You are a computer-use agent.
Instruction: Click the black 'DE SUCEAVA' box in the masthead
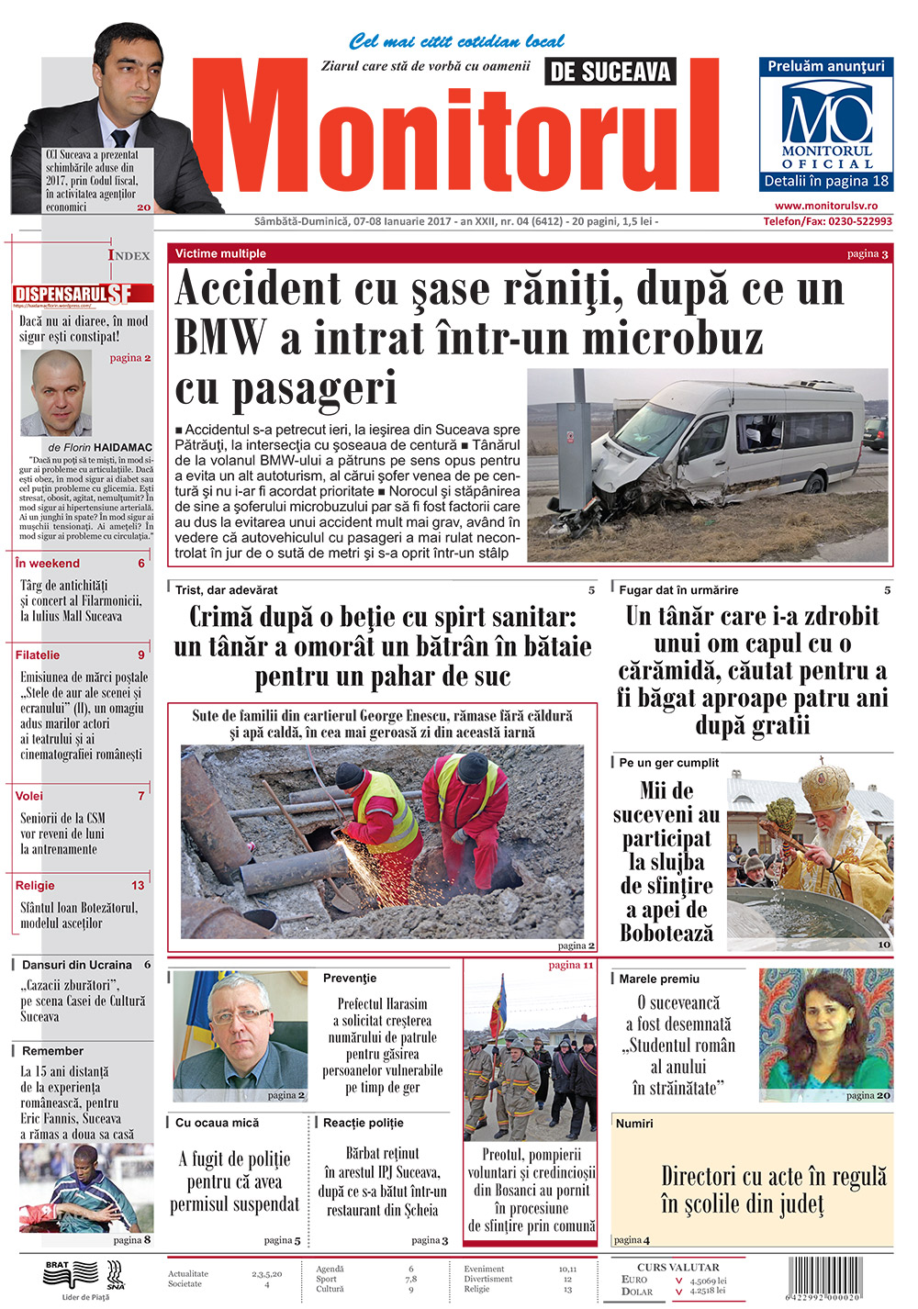tap(610, 72)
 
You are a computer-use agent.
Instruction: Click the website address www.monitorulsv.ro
tap(825, 207)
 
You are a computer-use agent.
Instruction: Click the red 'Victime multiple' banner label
tap(220, 253)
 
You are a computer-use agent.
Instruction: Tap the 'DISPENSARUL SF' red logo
tap(84, 294)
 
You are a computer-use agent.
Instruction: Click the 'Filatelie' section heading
tap(38, 655)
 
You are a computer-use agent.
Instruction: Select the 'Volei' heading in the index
tap(29, 796)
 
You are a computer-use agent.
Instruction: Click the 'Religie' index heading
tap(35, 886)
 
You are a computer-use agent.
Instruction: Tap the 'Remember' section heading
tap(52, 1051)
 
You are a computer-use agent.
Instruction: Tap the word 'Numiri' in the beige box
tap(634, 1124)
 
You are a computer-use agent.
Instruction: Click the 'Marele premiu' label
tap(659, 979)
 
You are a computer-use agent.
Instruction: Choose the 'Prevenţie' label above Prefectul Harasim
tap(350, 979)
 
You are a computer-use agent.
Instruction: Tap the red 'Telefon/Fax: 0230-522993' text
tap(827, 221)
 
